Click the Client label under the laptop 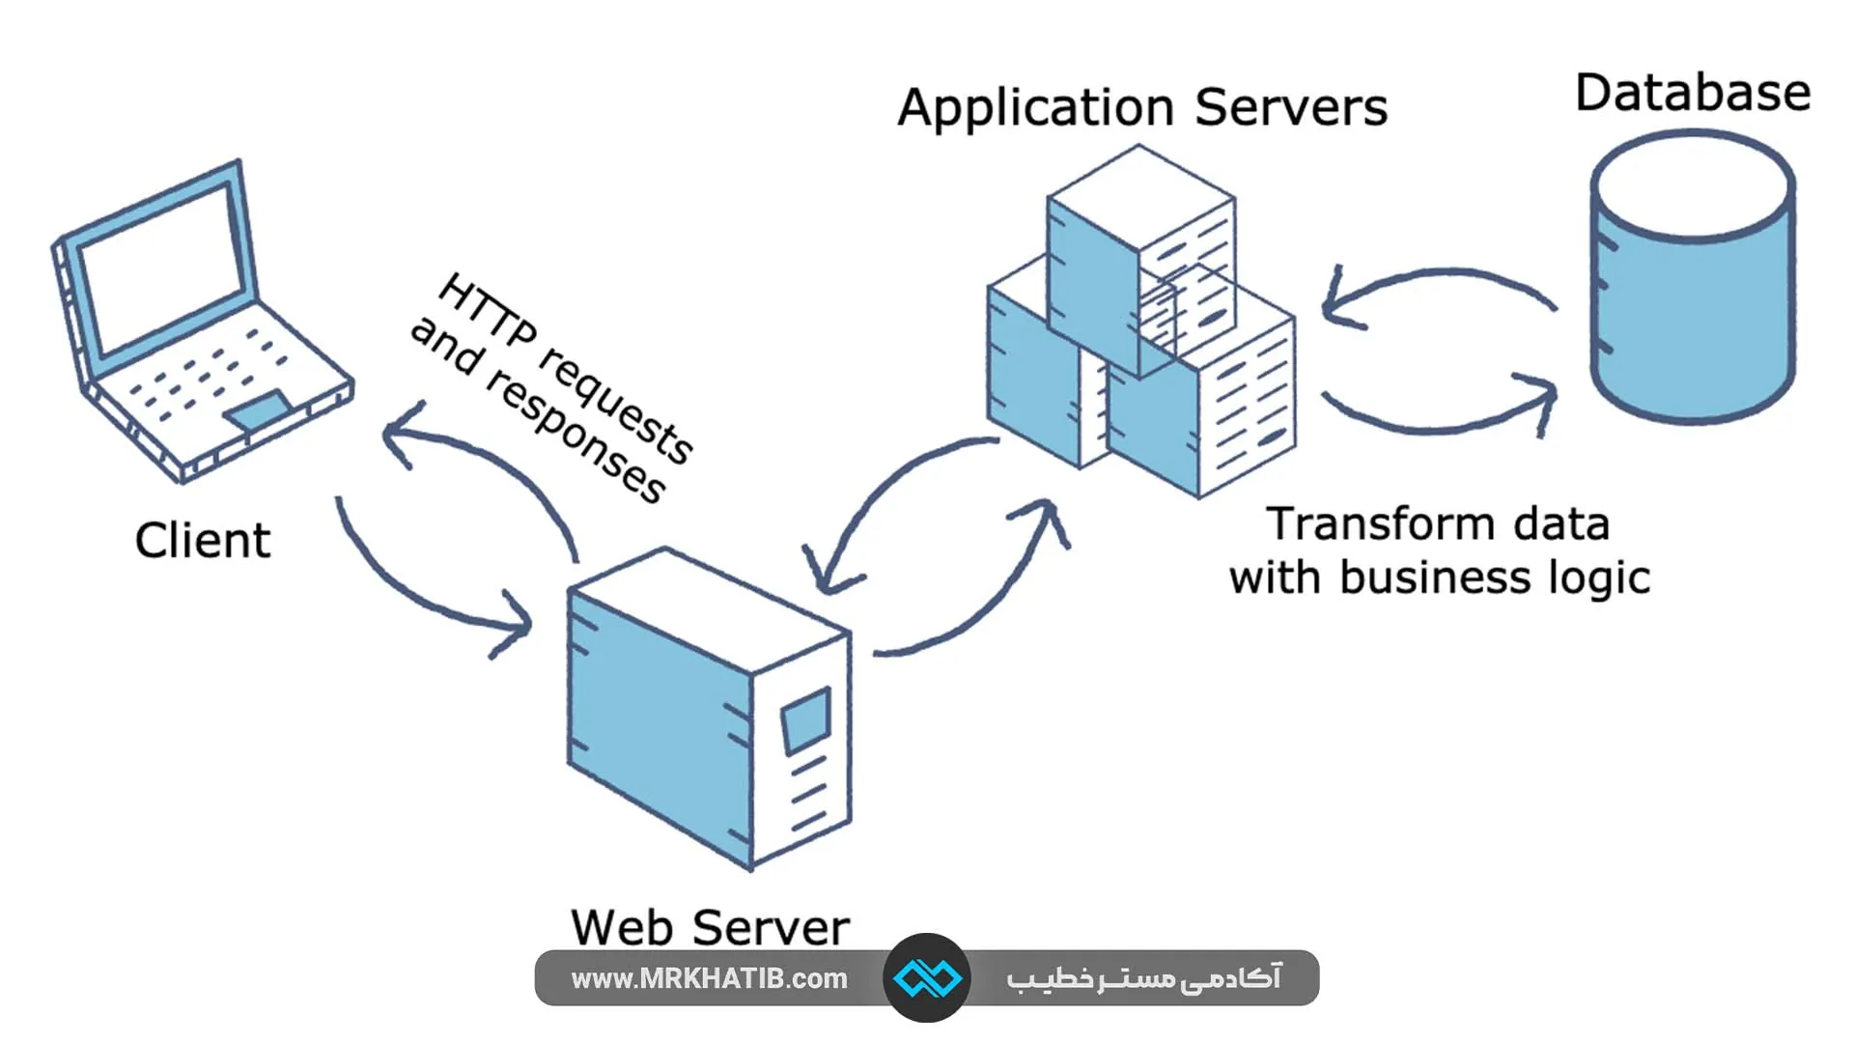tap(203, 541)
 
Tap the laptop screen tap(159, 270)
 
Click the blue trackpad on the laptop tap(258, 410)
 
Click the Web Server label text tap(710, 928)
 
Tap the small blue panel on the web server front tap(806, 720)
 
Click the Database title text tap(1693, 94)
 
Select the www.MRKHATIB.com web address tap(709, 979)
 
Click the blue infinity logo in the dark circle tap(927, 978)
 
